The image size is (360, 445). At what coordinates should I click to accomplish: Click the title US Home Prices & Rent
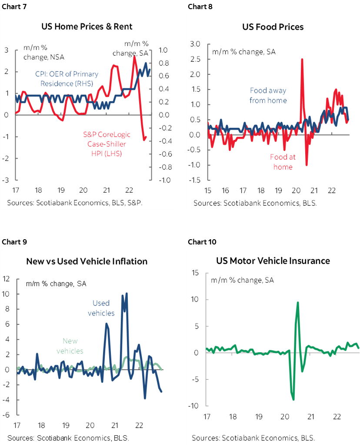point(87,27)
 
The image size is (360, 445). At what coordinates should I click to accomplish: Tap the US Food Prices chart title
point(273,27)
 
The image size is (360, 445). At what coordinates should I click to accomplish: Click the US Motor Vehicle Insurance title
point(273,261)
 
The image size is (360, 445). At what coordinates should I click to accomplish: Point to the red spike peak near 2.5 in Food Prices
point(302,59)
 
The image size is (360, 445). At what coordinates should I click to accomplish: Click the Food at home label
point(283,162)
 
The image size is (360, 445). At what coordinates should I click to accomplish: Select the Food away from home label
point(268,95)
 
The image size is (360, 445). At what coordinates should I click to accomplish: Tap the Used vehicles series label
point(101,308)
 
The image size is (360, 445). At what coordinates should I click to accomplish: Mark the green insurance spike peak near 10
point(298,302)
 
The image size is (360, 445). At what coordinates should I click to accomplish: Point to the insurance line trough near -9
point(293,399)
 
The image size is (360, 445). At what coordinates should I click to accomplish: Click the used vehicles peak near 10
point(127,294)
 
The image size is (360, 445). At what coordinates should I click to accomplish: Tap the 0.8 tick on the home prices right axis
point(163,63)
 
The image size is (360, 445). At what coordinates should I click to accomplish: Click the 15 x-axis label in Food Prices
point(207,191)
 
